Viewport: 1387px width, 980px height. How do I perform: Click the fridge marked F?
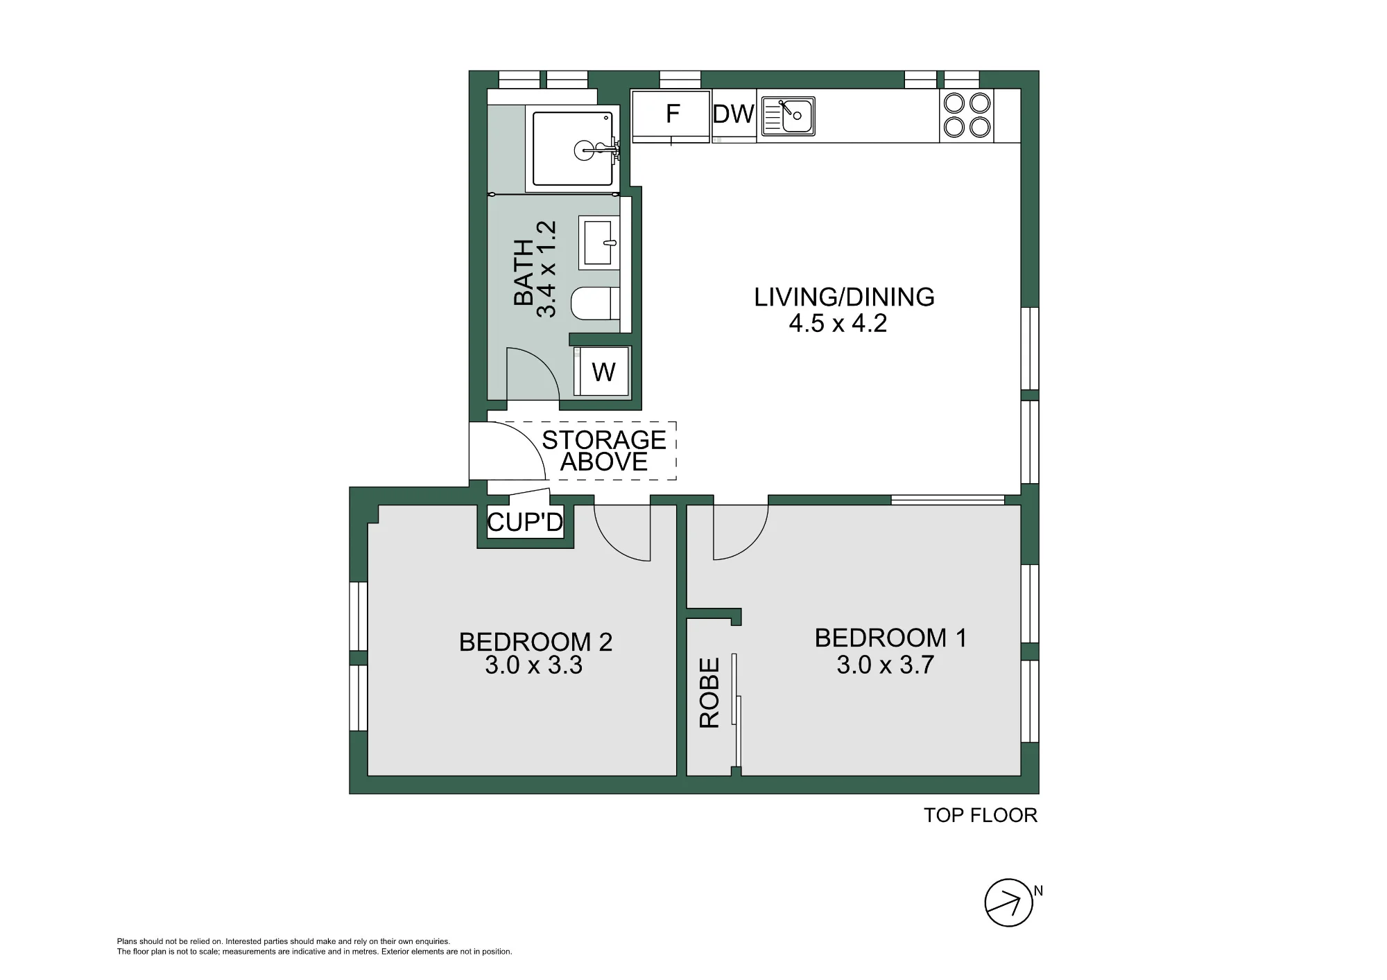(671, 116)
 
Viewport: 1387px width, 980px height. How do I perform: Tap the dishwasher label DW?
(734, 114)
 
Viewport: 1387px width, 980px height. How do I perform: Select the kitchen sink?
(788, 116)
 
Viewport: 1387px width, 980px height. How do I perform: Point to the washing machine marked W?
(603, 371)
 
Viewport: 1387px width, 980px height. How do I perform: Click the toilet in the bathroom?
(595, 303)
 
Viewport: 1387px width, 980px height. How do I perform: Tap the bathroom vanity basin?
(598, 243)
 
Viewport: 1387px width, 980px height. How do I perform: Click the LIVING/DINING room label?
(844, 297)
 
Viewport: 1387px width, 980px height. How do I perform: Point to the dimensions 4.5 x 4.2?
(838, 324)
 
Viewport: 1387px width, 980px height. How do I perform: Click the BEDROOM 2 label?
(535, 642)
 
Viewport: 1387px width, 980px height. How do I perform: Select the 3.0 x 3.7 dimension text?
(886, 665)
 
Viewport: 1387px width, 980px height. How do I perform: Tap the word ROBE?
(709, 693)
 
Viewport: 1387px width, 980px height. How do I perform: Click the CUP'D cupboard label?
(525, 522)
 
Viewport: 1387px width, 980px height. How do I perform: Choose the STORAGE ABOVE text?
(604, 450)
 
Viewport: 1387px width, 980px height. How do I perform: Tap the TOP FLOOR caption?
(980, 815)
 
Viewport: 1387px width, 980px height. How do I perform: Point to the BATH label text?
(524, 272)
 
